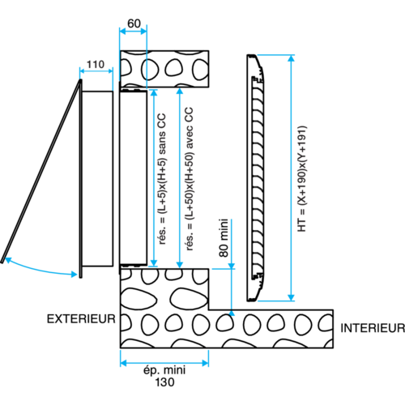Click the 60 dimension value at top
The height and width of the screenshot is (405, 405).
pos(134,23)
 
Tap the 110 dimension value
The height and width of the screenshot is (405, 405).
pos(96,65)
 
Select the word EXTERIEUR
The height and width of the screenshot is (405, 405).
pos(81,319)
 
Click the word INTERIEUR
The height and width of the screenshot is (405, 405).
pos(373,328)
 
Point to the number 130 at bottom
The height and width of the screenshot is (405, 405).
pos(164,382)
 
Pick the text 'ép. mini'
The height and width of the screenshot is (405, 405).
pos(164,370)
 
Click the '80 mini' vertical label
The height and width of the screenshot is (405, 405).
pos(224,238)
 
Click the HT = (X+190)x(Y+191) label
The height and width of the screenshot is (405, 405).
pos(302,178)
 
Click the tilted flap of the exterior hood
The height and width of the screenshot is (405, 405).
pos(41,171)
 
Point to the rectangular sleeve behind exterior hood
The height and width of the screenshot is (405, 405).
pos(97,179)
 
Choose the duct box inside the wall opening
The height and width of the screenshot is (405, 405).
pos(134,177)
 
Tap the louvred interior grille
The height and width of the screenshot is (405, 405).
pos(255,178)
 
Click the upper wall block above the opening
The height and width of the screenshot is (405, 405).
pos(164,69)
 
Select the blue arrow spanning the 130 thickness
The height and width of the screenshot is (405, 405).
pos(164,363)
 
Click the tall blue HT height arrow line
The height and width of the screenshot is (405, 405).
pos(291,177)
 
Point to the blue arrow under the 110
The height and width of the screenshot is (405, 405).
pos(96,71)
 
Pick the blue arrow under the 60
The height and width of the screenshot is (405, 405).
pos(133,32)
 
